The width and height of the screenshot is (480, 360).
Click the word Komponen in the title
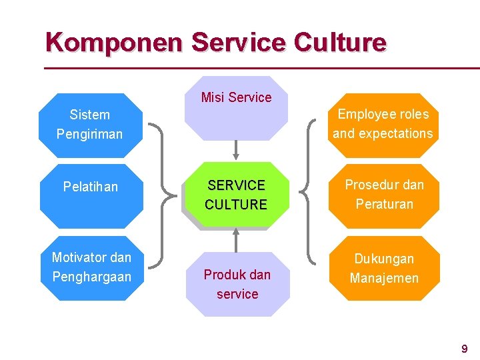click(114, 42)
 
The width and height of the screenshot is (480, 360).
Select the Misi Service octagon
click(236, 110)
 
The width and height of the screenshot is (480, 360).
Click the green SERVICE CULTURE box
click(236, 195)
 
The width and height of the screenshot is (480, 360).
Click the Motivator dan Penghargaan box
click(92, 267)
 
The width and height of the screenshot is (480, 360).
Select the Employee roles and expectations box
click(383, 124)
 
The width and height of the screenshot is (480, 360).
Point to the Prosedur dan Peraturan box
click(384, 195)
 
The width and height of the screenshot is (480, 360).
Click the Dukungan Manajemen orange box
click(384, 268)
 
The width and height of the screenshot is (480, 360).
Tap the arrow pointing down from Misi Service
click(235, 150)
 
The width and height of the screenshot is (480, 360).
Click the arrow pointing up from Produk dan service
click(235, 239)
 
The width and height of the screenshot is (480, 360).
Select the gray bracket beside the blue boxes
click(160, 193)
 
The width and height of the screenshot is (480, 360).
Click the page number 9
click(464, 348)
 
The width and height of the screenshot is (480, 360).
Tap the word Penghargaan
click(91, 276)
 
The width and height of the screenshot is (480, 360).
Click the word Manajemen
click(384, 278)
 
